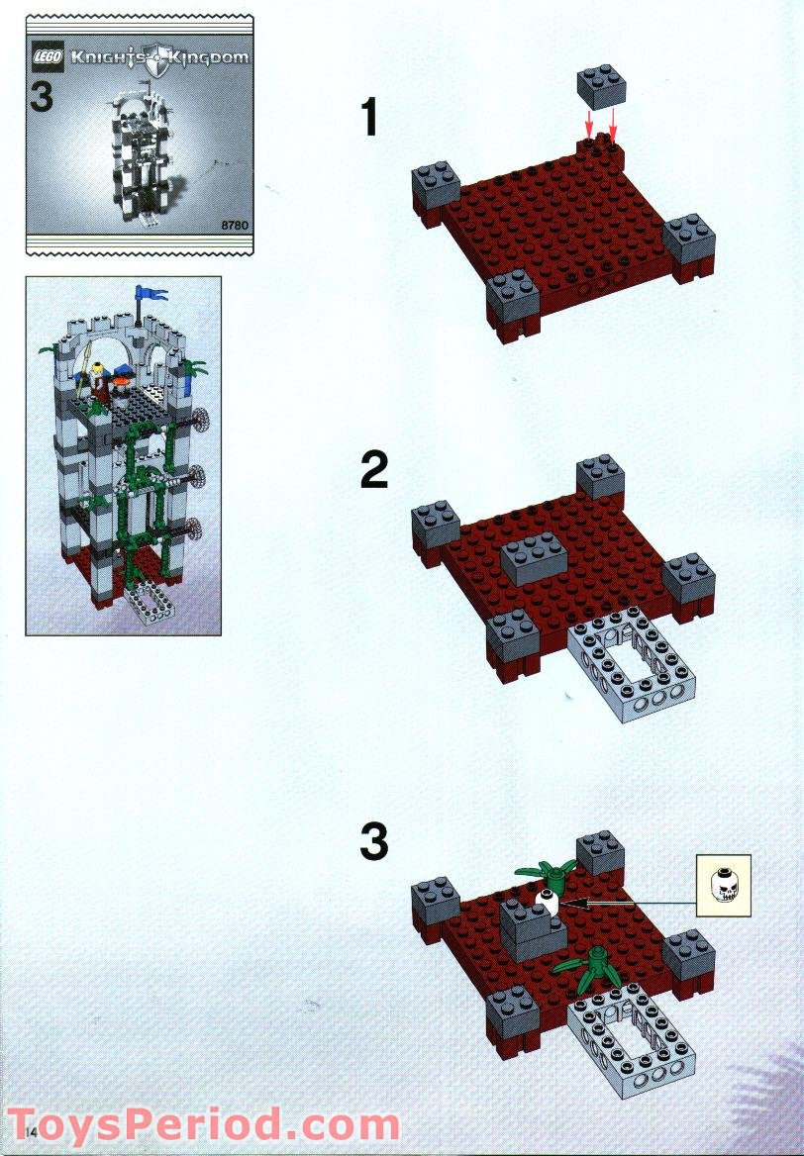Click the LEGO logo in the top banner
[x=50, y=57]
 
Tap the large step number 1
[x=369, y=119]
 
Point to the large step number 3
[x=373, y=843]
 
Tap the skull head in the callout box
[x=723, y=884]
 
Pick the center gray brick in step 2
[x=535, y=561]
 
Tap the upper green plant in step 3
[x=545, y=873]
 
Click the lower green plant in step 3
[x=591, y=964]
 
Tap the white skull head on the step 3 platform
[x=545, y=902]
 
